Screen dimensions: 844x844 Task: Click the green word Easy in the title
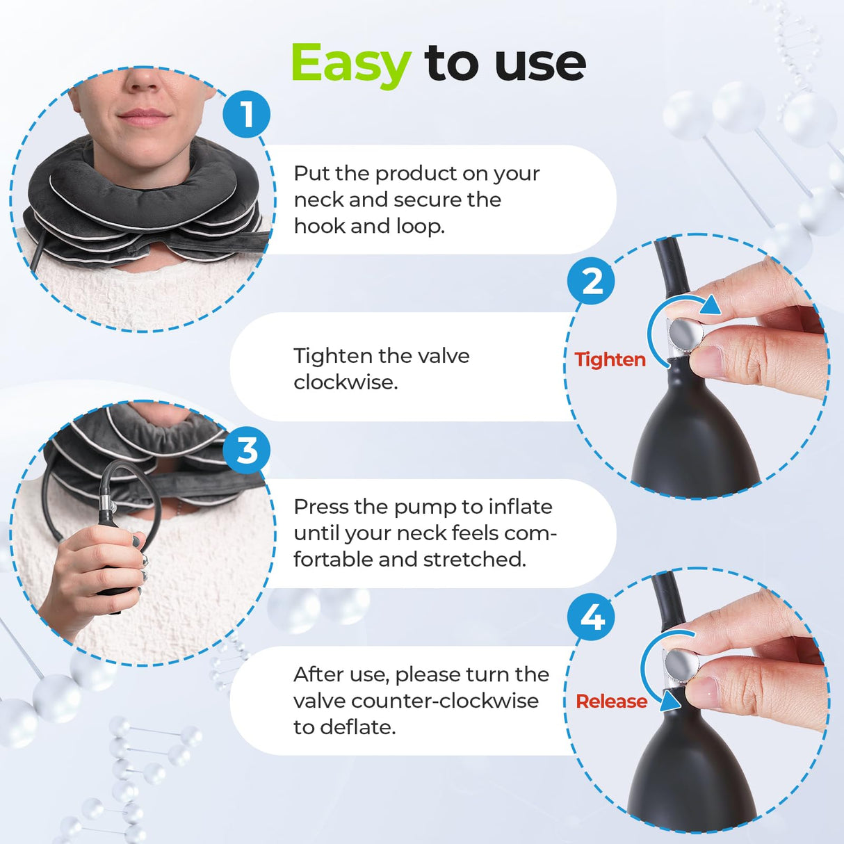(x=350, y=64)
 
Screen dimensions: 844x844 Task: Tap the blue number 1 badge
(x=247, y=114)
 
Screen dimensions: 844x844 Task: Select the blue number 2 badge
(x=591, y=282)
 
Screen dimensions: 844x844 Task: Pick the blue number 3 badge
(x=247, y=451)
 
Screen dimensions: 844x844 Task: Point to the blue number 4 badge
(x=591, y=617)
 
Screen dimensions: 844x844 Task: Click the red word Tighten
(x=610, y=359)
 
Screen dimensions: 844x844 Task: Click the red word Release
(x=611, y=701)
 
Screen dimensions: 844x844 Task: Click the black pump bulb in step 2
(x=695, y=438)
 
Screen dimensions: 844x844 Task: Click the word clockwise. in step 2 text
(x=345, y=382)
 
